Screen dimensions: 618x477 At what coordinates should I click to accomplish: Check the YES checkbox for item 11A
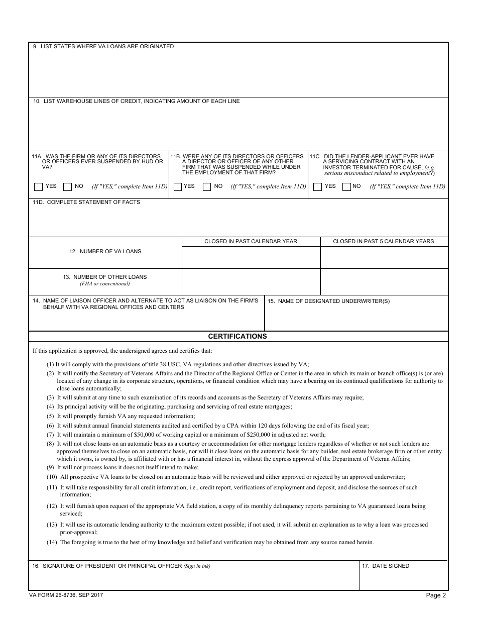coord(38,187)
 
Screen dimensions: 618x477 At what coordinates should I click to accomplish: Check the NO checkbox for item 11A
coord(67,187)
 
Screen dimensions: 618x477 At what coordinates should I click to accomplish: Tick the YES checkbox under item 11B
coord(177,187)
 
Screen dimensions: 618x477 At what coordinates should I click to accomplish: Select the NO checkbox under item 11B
coord(206,187)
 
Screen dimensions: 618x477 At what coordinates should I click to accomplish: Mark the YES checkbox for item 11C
coord(317,187)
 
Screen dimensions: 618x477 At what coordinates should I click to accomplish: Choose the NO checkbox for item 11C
coord(346,187)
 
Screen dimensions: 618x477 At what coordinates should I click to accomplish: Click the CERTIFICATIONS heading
coord(237,337)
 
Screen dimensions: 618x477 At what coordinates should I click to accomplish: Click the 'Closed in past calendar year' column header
coord(251,242)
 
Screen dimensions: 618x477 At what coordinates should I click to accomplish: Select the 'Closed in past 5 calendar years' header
coord(384,242)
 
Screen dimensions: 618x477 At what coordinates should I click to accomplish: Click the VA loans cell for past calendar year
coord(251,257)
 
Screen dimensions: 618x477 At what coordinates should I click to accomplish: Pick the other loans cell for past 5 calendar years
coord(384,282)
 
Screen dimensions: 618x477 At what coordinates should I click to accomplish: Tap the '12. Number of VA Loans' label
coord(105,251)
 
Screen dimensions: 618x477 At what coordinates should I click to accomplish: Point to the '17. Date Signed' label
coord(386,566)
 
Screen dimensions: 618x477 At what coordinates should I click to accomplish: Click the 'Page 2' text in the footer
coord(436,596)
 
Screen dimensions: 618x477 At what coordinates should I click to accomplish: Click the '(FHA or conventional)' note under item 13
coord(105,284)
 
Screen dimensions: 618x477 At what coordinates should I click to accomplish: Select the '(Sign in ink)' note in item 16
coord(197,566)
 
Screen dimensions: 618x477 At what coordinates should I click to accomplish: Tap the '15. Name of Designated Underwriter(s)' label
coord(328,301)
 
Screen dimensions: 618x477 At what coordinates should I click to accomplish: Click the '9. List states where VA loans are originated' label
coord(103,46)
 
